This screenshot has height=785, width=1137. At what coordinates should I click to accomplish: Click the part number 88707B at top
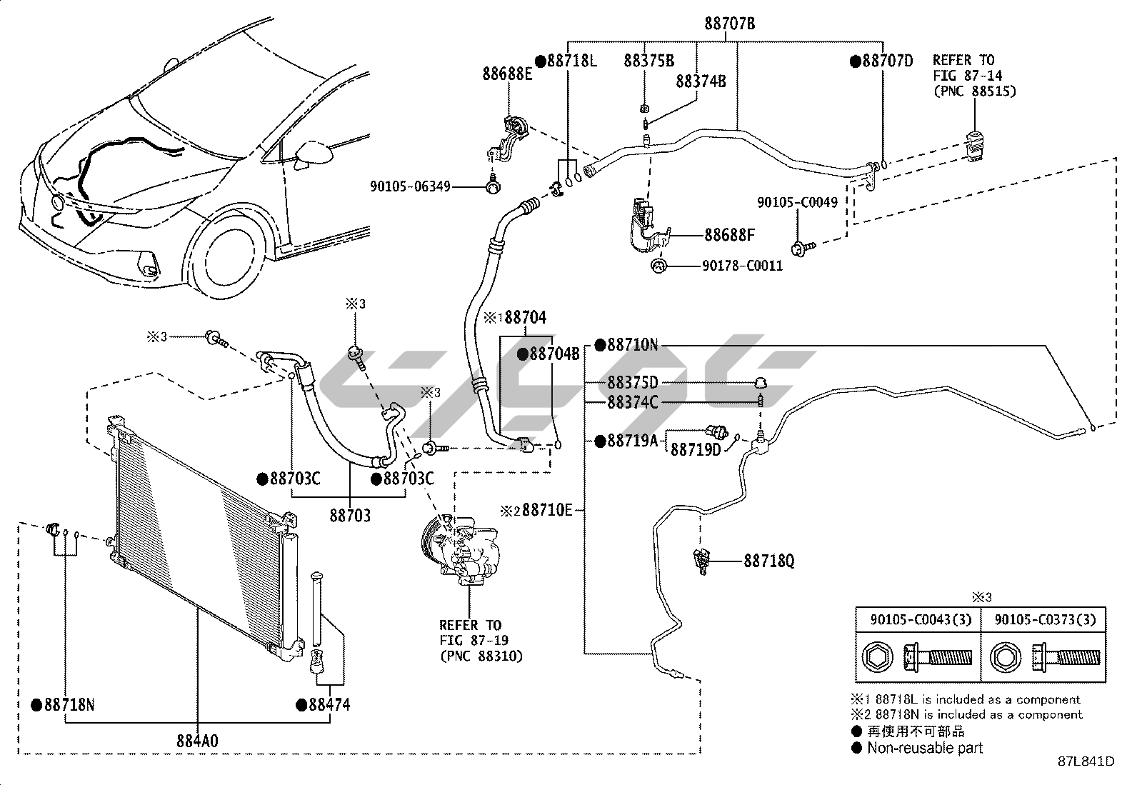coord(730,24)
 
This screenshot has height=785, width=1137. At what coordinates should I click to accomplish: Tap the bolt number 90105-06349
coord(410,186)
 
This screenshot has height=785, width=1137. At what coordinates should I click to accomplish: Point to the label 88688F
coord(729,234)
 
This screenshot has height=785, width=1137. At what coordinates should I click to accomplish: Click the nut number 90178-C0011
coord(742,266)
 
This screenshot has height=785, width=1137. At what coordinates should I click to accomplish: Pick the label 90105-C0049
coord(797,203)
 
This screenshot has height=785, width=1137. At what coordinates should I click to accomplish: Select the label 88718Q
coord(768,561)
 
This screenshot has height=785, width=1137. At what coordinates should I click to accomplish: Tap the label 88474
coord(329,705)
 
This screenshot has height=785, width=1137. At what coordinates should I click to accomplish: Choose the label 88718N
coord(69,705)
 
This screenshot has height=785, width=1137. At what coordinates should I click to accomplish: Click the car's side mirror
coord(314,153)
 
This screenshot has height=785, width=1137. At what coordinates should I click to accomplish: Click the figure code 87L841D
coord(1086,761)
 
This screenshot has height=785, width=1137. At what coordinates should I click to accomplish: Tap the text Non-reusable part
coord(924,748)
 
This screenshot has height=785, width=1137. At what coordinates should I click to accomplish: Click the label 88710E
coord(547,510)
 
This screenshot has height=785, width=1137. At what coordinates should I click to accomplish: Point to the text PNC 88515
coord(974,91)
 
